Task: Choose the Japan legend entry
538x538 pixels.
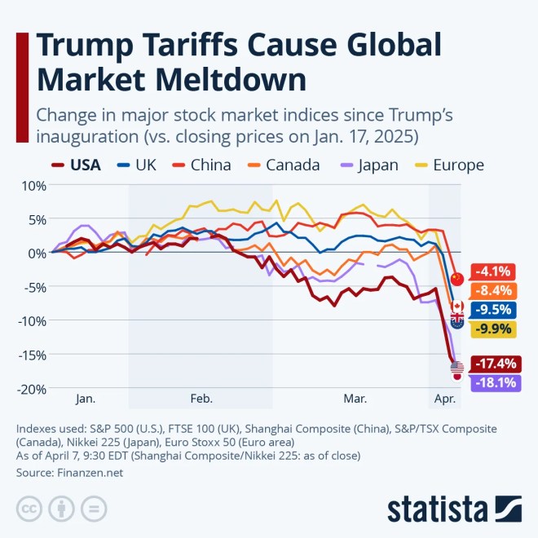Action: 370,165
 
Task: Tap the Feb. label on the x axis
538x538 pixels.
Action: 201,399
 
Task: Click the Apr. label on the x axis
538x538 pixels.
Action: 445,399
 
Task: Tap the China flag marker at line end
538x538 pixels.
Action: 457,279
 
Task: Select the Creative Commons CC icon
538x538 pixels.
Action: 29,509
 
